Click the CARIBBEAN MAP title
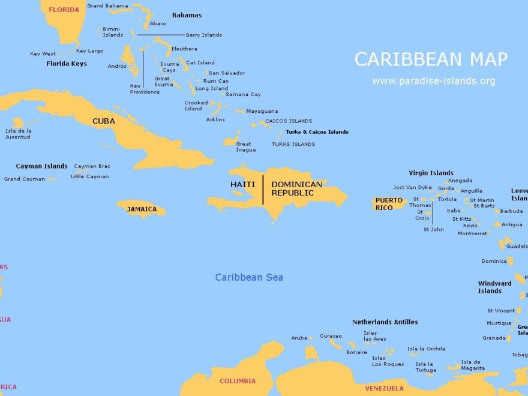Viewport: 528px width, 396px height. (x=431, y=59)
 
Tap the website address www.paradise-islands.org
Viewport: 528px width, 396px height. (x=433, y=81)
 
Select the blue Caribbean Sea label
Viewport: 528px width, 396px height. (x=249, y=277)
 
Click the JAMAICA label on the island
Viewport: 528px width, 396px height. (x=142, y=209)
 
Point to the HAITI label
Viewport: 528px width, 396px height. (x=242, y=184)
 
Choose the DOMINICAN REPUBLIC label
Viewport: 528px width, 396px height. (x=296, y=188)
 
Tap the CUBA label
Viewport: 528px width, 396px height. (x=103, y=121)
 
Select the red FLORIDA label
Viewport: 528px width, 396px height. (x=64, y=10)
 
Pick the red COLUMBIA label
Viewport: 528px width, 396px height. (x=237, y=381)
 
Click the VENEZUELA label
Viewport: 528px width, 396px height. (x=385, y=388)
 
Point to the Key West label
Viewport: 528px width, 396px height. (x=43, y=54)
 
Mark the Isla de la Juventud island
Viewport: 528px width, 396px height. (x=17, y=122)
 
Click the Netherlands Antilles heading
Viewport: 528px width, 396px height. (x=385, y=322)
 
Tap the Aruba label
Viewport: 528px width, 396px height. (x=299, y=338)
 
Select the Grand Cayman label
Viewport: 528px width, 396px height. (x=24, y=179)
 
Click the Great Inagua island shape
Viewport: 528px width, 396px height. (x=231, y=141)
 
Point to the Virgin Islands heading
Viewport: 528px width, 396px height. (x=431, y=173)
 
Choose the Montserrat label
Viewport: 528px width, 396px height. (x=472, y=233)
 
